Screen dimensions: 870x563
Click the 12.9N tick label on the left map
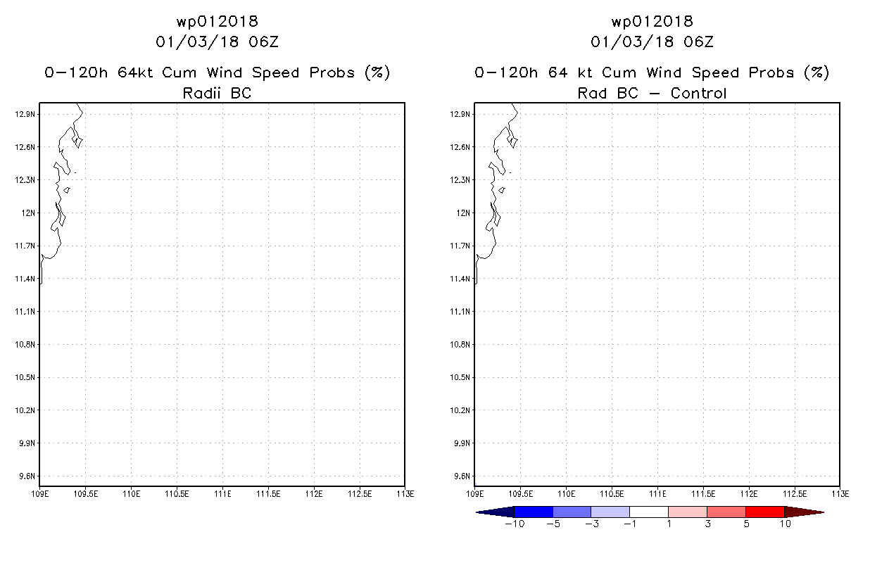point(25,114)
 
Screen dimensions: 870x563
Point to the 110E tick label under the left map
point(132,494)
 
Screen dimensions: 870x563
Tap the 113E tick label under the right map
point(840,494)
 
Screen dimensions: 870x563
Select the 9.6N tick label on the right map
point(462,476)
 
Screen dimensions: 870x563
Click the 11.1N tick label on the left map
point(25,311)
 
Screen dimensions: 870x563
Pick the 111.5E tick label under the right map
point(703,494)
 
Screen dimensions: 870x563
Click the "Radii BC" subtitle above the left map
point(217,93)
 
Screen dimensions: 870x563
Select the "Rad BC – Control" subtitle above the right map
point(652,93)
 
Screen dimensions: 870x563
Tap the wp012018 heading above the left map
point(217,21)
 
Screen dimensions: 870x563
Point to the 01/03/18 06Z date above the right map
point(652,42)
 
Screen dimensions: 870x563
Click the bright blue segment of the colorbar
point(534,512)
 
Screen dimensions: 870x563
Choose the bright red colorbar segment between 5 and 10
point(764,512)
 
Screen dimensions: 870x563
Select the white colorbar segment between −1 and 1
point(648,512)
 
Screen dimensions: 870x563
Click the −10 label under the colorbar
point(515,524)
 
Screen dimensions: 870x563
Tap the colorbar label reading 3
point(707,524)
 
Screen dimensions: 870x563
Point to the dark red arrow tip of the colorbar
point(824,512)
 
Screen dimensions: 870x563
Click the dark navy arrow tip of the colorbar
point(476,512)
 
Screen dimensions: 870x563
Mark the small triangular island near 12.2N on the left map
point(67,190)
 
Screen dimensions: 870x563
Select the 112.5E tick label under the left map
point(360,494)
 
